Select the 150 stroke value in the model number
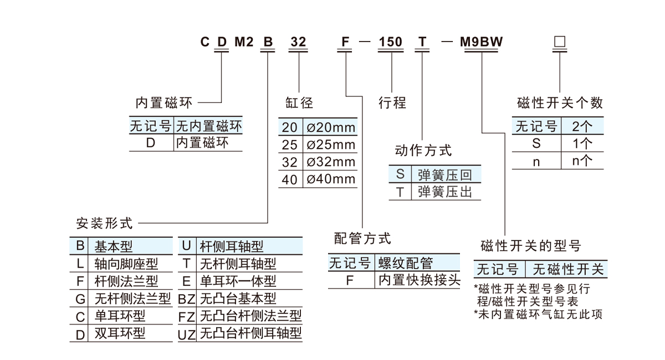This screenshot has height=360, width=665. pyautogui.click(x=391, y=42)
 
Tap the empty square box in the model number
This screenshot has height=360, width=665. pyautogui.click(x=560, y=42)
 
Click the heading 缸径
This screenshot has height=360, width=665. pyautogui.click(x=299, y=102)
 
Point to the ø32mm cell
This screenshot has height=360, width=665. pyautogui.click(x=330, y=162)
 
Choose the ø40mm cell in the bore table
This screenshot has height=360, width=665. pyautogui.click(x=330, y=179)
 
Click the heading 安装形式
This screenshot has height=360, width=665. pyautogui.click(x=104, y=224)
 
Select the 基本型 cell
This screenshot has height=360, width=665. pyautogui.click(x=114, y=246)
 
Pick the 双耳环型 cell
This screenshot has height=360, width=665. pyautogui.click(x=120, y=333)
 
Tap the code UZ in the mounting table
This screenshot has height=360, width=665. pyautogui.click(x=187, y=334)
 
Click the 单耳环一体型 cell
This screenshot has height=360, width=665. pyautogui.click(x=238, y=281)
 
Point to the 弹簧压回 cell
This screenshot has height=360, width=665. pyautogui.click(x=445, y=175)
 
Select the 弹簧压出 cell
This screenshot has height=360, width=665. pyautogui.click(x=445, y=192)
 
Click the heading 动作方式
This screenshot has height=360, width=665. pyautogui.click(x=423, y=150)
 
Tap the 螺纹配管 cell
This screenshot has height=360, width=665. pyautogui.click(x=405, y=263)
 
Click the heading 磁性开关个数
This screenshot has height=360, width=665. pyautogui.click(x=559, y=102)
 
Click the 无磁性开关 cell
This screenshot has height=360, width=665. pyautogui.click(x=567, y=270)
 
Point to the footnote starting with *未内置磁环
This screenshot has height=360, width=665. pyautogui.click(x=538, y=314)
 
